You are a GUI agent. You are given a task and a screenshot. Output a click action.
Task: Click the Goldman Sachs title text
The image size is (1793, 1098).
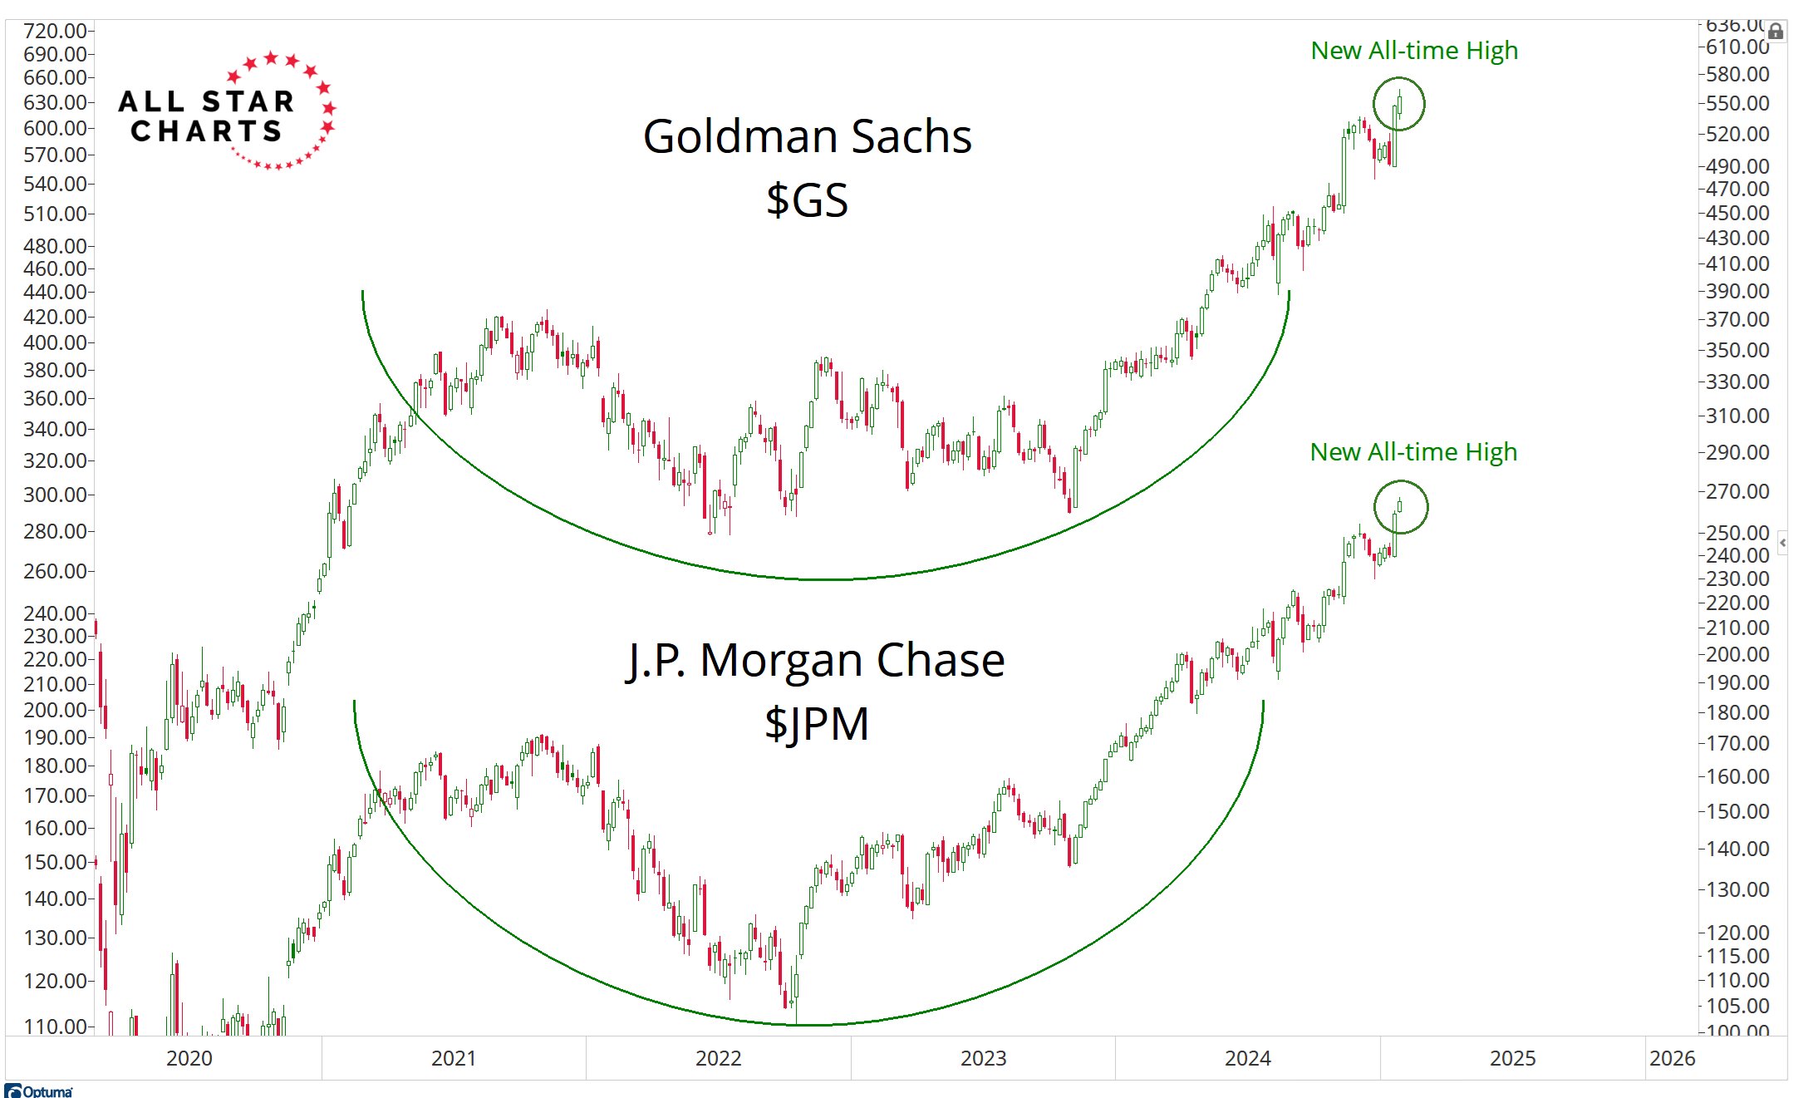coord(807,136)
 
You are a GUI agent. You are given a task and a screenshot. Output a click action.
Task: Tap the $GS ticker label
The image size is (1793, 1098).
coord(807,200)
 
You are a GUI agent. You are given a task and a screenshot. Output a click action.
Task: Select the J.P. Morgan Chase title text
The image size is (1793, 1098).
coord(815,661)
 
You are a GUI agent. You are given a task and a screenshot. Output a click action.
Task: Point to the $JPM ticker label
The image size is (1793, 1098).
coord(816,724)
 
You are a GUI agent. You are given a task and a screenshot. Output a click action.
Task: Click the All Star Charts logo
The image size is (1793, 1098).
coord(226,111)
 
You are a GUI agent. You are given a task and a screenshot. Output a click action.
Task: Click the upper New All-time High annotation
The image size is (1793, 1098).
coord(1414,51)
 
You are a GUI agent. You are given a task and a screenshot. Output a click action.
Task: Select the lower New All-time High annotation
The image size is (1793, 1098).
coord(1413,452)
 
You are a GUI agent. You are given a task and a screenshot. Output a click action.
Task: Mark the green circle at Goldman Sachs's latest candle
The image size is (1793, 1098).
coord(1398,104)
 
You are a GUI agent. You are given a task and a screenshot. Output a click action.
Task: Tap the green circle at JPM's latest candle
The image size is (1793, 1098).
coord(1400,506)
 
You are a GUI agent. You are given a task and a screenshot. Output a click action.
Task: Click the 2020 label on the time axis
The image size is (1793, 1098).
coord(189,1058)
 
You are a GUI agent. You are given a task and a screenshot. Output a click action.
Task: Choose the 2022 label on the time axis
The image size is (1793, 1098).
coord(719,1058)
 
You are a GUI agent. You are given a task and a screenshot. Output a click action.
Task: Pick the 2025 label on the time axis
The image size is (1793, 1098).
coord(1512,1058)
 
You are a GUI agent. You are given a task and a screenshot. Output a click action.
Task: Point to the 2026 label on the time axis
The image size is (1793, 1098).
coord(1672,1058)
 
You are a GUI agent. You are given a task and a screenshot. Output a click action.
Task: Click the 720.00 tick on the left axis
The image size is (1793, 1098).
coord(55,31)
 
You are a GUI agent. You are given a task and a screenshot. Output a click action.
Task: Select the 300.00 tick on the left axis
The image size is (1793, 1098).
coord(55,495)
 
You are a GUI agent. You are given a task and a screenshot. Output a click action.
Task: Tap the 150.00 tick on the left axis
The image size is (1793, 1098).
coord(55,862)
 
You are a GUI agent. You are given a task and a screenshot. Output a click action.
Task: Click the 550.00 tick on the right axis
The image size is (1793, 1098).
coord(1737,103)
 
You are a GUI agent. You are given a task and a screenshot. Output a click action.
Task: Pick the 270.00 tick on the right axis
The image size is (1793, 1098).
coord(1737,491)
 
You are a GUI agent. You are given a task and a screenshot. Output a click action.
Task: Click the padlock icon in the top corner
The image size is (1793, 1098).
coord(1776,32)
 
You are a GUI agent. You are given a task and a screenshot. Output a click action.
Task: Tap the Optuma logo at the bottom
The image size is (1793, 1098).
coord(39,1091)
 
